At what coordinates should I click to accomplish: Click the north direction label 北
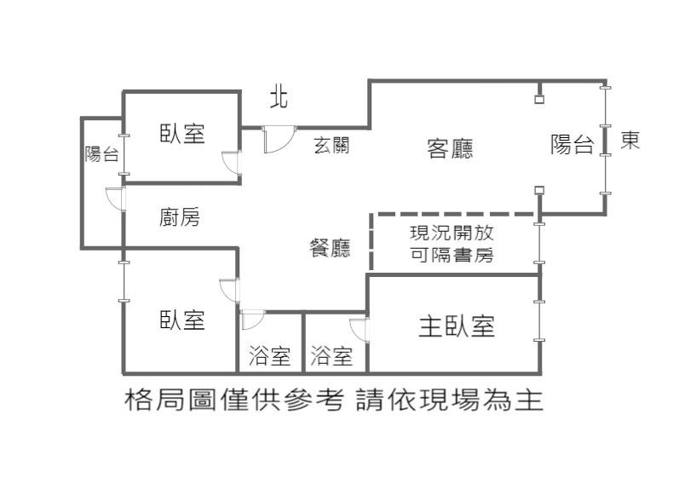tap(279, 99)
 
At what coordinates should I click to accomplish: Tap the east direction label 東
tap(630, 140)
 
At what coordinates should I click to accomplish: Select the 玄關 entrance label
tap(331, 146)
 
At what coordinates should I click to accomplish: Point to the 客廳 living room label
tap(450, 148)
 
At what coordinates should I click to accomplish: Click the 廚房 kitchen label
tap(179, 217)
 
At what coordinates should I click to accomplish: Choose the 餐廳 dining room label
tap(330, 248)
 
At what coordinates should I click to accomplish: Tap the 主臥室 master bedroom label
tap(457, 326)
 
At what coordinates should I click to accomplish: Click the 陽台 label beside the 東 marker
tap(572, 144)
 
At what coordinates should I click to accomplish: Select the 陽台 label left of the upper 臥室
tap(101, 154)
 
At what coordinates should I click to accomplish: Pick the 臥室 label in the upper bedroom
tap(181, 133)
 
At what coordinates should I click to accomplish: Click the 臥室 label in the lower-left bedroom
tap(181, 320)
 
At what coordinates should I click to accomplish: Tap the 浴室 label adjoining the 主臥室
tap(331, 355)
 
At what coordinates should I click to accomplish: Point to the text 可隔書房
tap(452, 255)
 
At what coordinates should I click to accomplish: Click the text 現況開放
tap(452, 233)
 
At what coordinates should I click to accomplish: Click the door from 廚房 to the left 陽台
tap(115, 199)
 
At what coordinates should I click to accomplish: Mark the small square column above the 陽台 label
tap(539, 100)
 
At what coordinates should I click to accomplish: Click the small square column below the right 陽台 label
tap(539, 190)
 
